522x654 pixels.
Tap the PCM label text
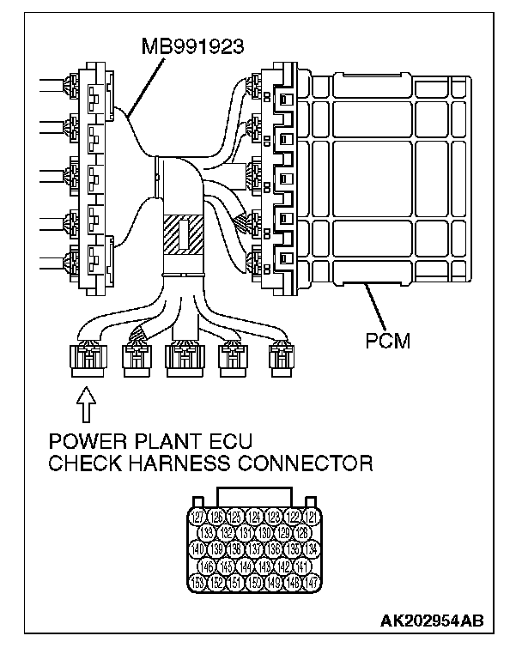point(385,342)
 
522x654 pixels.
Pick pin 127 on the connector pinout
point(198,517)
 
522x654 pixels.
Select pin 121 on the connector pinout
point(313,517)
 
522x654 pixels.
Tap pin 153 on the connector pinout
point(198,583)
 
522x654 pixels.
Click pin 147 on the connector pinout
point(313,583)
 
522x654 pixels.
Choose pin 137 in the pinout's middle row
point(255,549)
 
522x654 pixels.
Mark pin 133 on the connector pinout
point(208,533)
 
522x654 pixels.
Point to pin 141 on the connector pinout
point(302,566)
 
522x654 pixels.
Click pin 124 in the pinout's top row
point(255,517)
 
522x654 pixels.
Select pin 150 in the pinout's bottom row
point(255,583)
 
